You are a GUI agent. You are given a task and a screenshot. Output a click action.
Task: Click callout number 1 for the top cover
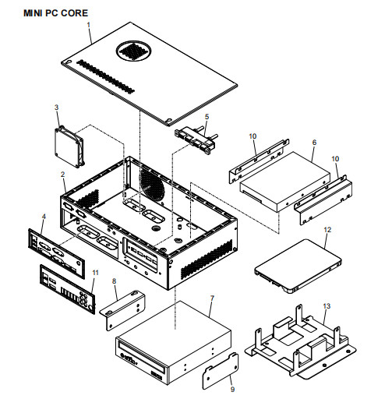pyautogui.click(x=90, y=26)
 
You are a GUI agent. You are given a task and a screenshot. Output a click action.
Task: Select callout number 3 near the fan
pyautogui.click(x=56, y=107)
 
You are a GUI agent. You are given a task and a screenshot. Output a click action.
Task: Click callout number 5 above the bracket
pyautogui.click(x=206, y=117)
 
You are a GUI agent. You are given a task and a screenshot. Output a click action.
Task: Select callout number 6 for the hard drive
pyautogui.click(x=313, y=143)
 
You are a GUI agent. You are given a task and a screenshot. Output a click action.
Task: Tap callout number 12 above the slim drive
pyautogui.click(x=327, y=230)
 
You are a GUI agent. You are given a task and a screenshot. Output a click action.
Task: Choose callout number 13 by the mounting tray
pyautogui.click(x=327, y=305)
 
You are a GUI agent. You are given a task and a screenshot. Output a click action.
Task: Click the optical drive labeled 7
pyautogui.click(x=173, y=347)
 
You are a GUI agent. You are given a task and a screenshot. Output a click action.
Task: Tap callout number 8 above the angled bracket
pyautogui.click(x=115, y=280)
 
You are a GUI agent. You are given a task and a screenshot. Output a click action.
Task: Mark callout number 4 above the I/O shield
pyautogui.click(x=44, y=216)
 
